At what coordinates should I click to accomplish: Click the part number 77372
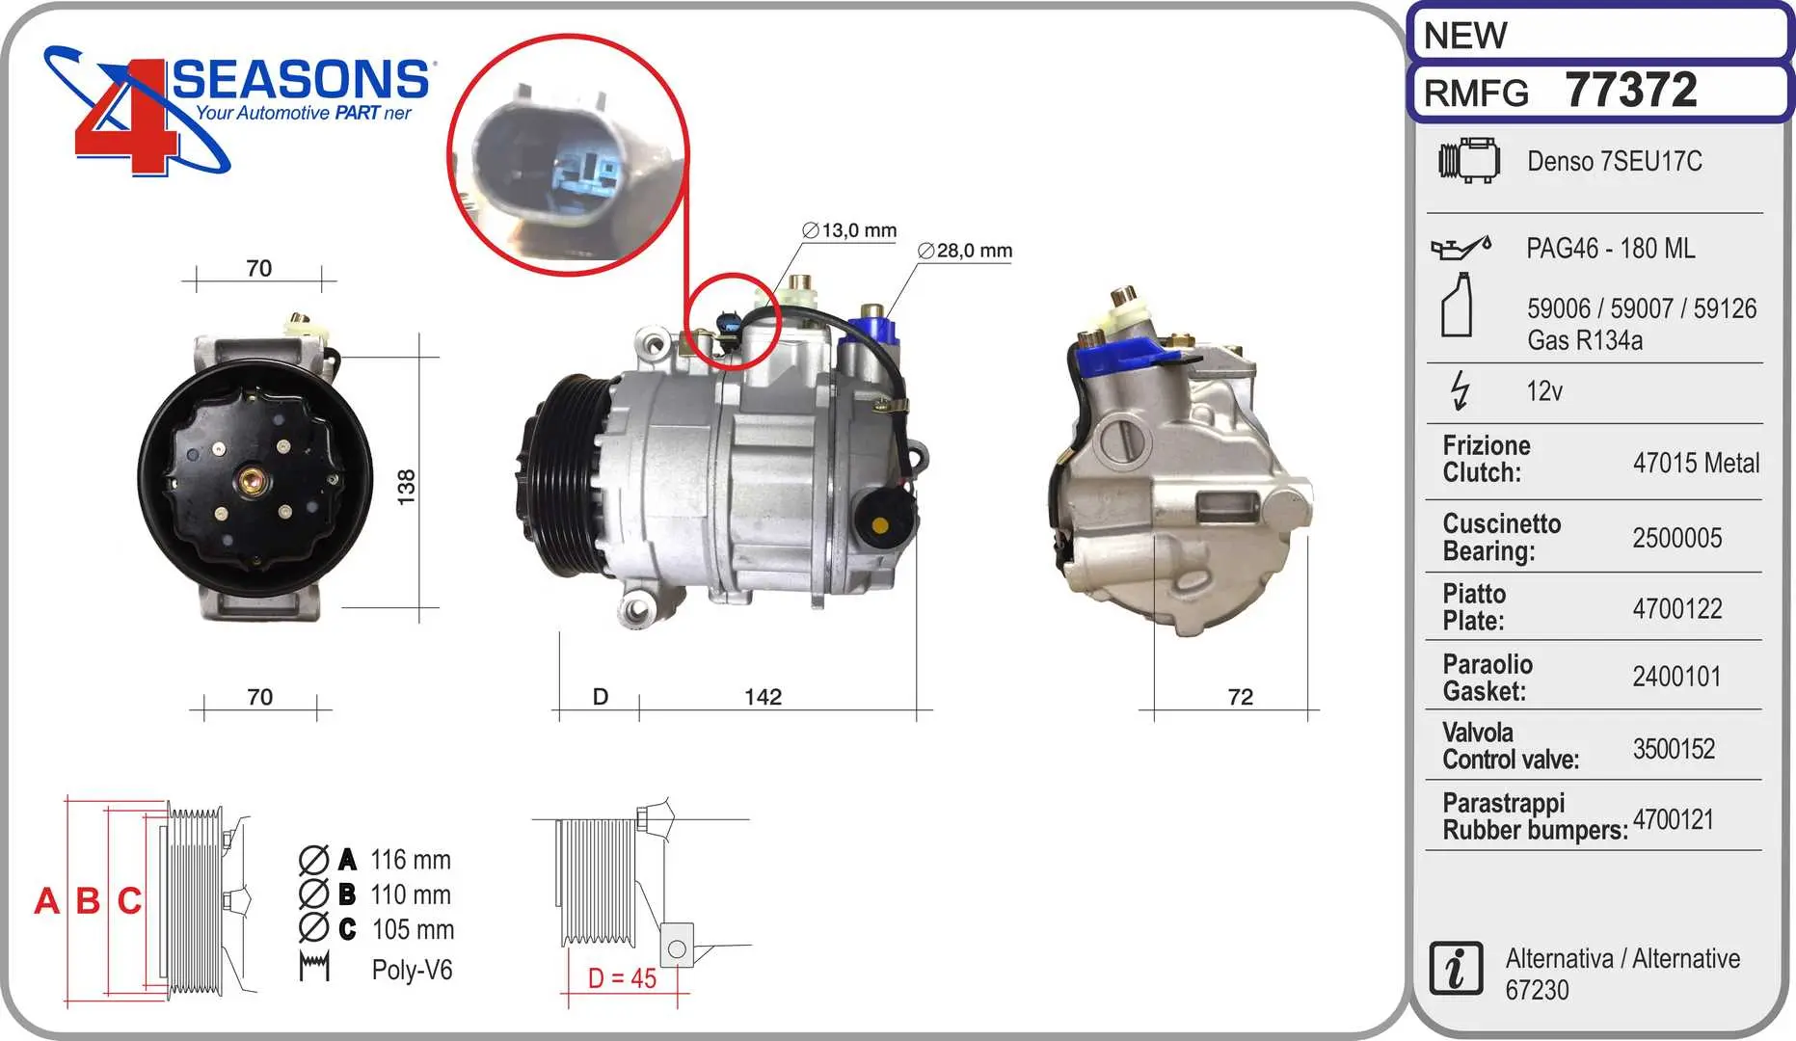click(1630, 91)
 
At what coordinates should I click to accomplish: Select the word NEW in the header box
click(1464, 36)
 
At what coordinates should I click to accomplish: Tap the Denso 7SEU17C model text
click(1614, 161)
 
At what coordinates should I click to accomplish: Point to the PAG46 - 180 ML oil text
click(1610, 249)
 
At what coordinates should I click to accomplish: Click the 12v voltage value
click(1544, 391)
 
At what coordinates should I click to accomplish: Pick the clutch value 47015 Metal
click(1696, 463)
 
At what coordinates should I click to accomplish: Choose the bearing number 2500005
click(1676, 538)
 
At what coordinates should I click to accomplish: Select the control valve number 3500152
click(1674, 749)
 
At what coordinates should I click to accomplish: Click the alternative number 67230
click(1537, 990)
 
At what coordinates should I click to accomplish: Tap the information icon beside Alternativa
click(1456, 968)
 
